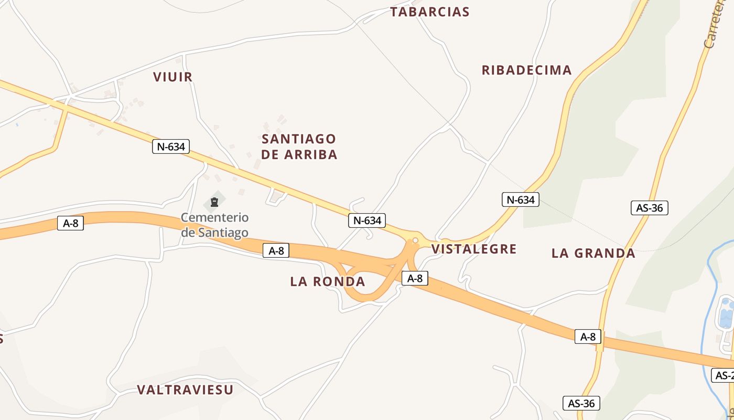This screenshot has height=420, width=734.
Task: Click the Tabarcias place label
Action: tap(429, 12)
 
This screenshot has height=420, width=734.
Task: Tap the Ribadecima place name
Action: tap(526, 70)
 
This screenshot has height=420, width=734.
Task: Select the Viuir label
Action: tap(173, 77)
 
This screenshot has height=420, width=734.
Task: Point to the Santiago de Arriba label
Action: tap(299, 146)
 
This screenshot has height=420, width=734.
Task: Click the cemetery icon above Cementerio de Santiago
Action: tap(214, 202)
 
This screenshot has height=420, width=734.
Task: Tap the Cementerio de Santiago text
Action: tap(214, 225)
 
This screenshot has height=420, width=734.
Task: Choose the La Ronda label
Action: tap(328, 281)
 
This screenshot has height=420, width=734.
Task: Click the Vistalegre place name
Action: tap(474, 249)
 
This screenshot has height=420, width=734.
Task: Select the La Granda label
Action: tap(593, 254)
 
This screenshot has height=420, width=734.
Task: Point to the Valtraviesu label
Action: tap(185, 390)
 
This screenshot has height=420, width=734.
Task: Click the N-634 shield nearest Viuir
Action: tap(171, 146)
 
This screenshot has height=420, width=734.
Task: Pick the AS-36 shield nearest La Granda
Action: tap(649, 208)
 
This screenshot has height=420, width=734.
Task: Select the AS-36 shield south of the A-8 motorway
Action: tap(581, 403)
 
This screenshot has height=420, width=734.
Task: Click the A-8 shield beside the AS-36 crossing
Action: tap(588, 337)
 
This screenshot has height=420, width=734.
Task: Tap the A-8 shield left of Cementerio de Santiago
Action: tap(70, 223)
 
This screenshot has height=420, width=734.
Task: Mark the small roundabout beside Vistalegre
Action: tap(415, 240)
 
